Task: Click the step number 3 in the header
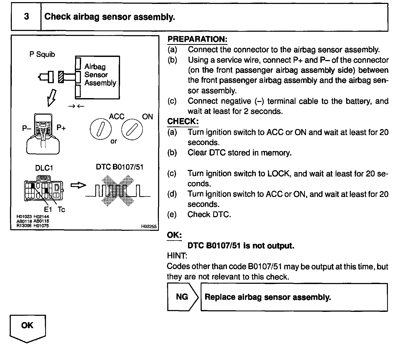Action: pos(26,17)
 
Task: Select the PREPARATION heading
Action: pos(197,39)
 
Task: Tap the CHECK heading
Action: pos(183,121)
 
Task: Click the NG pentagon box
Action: pos(183,297)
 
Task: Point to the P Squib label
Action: pos(42,54)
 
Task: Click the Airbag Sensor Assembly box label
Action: pos(100,75)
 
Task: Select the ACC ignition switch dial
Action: pos(101,129)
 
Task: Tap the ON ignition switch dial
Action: pos(132,129)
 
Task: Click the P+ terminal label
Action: pos(61,128)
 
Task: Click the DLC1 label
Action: pos(44,168)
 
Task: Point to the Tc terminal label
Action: pos(61,209)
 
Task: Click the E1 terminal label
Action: pos(48,209)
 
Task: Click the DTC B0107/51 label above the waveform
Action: pos(119,167)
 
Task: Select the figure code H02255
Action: pos(149,226)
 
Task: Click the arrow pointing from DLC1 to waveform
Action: pos(78,185)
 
